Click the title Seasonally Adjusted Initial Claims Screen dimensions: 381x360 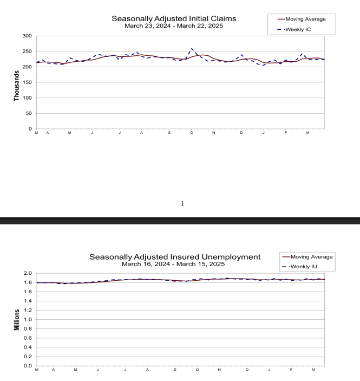click(x=174, y=18)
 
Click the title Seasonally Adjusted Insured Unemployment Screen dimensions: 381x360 click(x=175, y=256)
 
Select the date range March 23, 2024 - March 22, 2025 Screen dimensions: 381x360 click(x=174, y=26)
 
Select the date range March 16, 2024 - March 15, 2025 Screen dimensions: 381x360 click(x=175, y=264)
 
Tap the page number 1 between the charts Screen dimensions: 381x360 click(x=182, y=204)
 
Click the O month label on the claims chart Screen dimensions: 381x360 click(x=191, y=133)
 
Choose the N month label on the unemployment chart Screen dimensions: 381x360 click(x=219, y=370)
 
